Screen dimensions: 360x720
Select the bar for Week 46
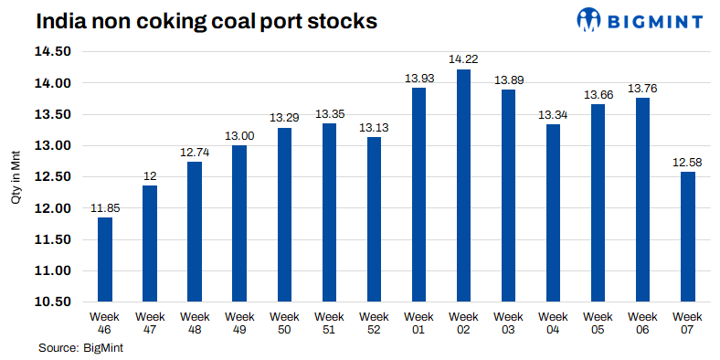[105, 259]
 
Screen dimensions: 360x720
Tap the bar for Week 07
[688, 237]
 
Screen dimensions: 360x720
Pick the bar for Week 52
[374, 219]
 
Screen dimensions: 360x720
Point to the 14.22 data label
[463, 59]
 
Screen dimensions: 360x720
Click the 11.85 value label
[105, 208]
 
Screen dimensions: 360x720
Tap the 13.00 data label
[239, 136]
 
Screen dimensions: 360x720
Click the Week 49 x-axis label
[239, 322]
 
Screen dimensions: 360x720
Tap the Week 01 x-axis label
[418, 322]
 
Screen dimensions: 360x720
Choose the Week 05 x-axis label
[598, 322]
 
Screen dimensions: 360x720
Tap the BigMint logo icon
[591, 19]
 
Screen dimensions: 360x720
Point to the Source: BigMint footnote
[80, 347]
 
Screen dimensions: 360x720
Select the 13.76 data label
[642, 89]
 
